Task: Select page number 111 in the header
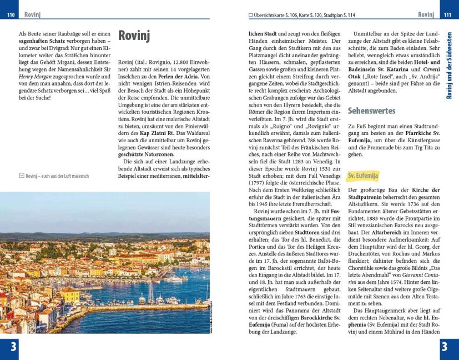(447, 14)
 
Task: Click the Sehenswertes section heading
(371, 111)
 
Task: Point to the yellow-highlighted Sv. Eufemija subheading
(362, 176)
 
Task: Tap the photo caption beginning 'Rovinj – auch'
(53, 176)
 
